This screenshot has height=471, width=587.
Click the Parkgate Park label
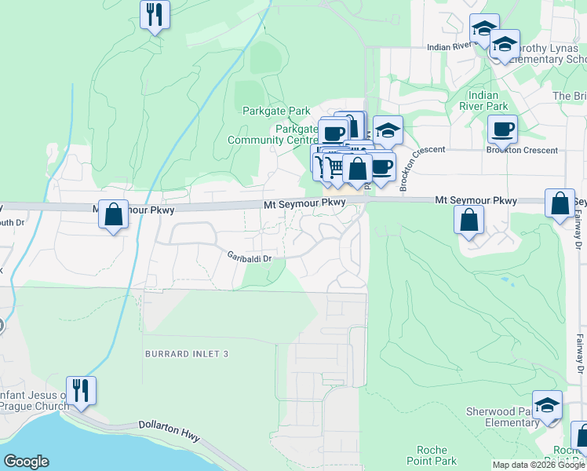click(x=276, y=111)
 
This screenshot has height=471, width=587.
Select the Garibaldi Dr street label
click(x=249, y=257)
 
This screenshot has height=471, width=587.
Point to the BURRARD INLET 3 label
click(x=186, y=354)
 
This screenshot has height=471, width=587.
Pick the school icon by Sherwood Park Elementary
click(x=547, y=405)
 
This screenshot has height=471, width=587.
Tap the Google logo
click(x=26, y=462)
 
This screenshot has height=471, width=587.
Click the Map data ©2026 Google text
click(x=538, y=465)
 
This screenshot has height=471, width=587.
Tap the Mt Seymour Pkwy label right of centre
click(x=476, y=202)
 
